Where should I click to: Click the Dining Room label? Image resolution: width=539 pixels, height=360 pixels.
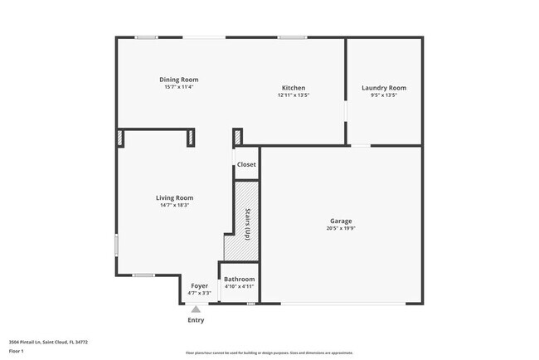coord(179,80)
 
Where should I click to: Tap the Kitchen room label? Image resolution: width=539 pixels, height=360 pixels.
coord(294,88)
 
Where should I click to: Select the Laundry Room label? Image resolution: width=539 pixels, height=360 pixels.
coord(384,88)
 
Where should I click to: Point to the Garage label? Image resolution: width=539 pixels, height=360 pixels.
coord(341,221)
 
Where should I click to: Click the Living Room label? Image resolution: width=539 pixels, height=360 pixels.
coord(175,197)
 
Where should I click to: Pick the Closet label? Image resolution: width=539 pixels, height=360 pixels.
coord(246,165)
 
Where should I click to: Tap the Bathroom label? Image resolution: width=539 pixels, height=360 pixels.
coord(239,280)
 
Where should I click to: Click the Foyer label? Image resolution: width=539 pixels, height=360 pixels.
coord(200,286)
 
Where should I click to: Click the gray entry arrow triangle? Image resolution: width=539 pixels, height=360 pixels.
coord(196,309)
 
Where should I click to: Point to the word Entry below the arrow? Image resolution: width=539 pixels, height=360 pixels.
coord(196,320)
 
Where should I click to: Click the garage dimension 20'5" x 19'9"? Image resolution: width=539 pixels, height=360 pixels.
coord(341,229)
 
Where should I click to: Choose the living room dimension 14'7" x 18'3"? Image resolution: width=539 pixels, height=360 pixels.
coord(175,205)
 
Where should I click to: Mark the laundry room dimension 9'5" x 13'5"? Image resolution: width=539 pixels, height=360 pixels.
coord(384,95)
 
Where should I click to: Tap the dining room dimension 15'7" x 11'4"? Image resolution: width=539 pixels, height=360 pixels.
coord(179,87)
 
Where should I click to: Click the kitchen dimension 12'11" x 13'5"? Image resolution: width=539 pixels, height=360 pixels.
coord(294,95)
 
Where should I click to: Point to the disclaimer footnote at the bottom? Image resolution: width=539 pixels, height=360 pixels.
coord(269,353)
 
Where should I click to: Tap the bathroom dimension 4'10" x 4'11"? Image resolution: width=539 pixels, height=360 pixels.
coord(239,287)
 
